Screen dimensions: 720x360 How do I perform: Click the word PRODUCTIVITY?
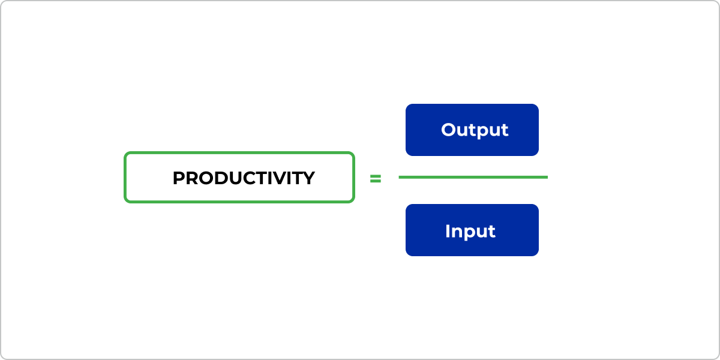click(x=244, y=178)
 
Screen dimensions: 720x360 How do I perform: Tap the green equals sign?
click(x=376, y=178)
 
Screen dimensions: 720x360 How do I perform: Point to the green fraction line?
click(x=473, y=177)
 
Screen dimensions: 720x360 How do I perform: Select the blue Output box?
click(x=472, y=130)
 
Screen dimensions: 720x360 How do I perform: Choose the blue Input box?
click(x=472, y=230)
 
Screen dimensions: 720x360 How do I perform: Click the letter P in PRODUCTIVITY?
click(x=179, y=178)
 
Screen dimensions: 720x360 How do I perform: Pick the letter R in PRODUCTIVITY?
click(x=193, y=178)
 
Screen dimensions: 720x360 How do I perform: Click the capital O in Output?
click(x=449, y=130)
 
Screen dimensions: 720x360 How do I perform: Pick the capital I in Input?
click(x=448, y=231)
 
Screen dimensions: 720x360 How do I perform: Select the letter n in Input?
click(x=457, y=233)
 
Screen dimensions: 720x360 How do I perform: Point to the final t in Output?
click(x=505, y=131)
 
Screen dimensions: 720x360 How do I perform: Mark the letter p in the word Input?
click(x=471, y=235)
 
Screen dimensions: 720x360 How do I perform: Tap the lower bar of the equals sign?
click(x=376, y=181)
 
